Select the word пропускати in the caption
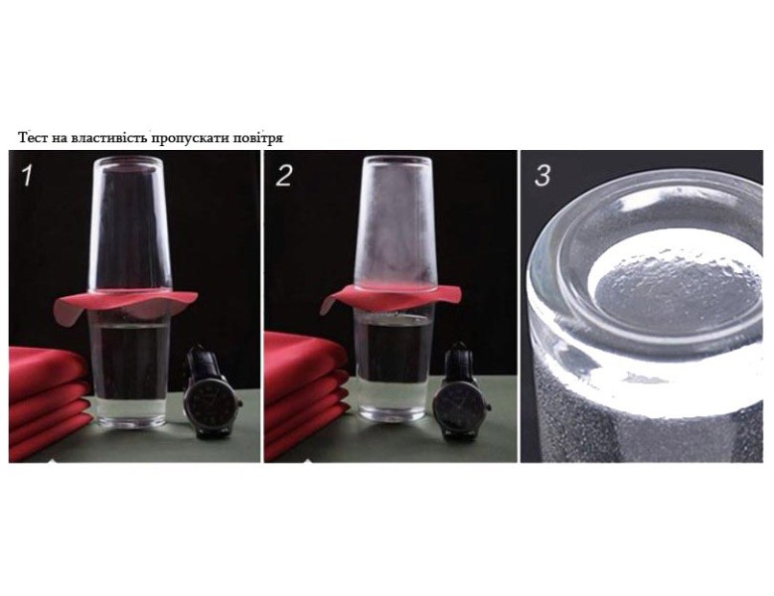point(189,138)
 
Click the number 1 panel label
point(27,176)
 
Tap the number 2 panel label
point(283,176)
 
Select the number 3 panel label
point(542,176)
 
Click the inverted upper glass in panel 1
point(129,224)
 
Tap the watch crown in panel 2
point(489,406)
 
